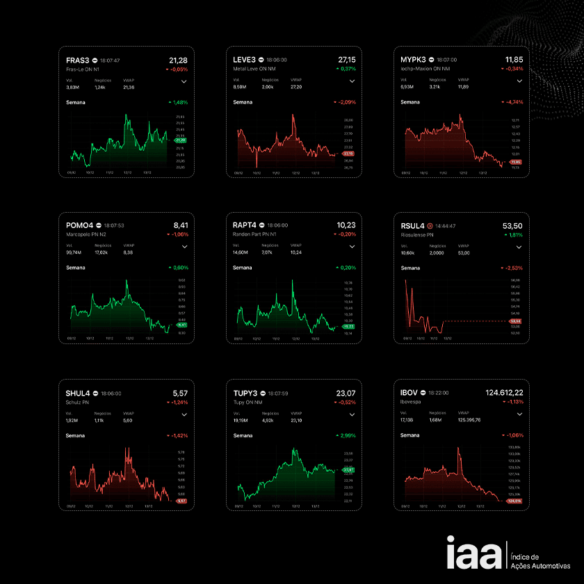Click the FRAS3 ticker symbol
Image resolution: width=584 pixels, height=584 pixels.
point(76,60)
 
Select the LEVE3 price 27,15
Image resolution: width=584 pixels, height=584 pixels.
point(346,60)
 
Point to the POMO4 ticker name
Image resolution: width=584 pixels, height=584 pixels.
point(79,225)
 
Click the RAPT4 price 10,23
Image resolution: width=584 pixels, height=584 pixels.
point(346,225)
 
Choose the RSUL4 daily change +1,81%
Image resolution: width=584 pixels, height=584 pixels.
point(513,235)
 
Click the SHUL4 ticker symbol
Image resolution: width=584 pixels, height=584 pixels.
point(78,393)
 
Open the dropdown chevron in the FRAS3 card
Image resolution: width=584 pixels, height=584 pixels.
point(184,81)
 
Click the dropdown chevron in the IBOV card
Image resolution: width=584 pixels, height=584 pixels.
point(519,414)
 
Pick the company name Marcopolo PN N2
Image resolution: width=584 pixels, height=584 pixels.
point(85,234)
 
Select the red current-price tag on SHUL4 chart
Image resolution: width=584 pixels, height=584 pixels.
point(181,501)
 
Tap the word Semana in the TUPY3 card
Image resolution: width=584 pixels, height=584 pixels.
point(243,435)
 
